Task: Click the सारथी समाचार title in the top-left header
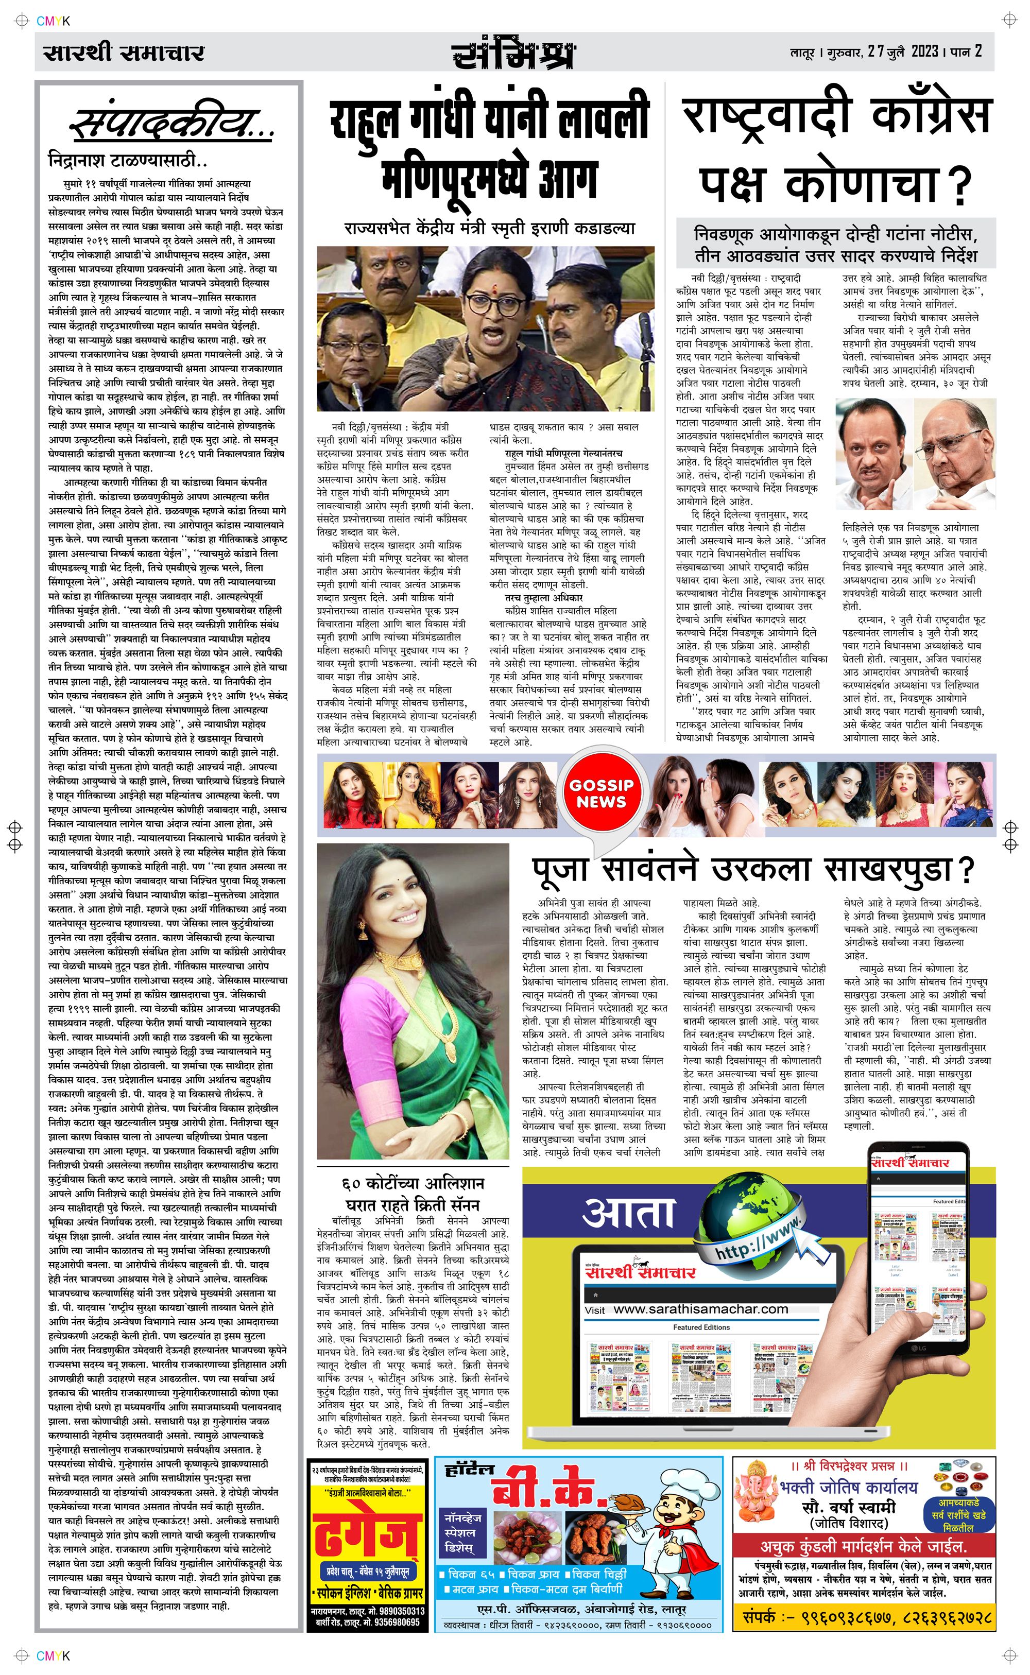coord(123,53)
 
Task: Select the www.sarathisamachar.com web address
coord(700,1309)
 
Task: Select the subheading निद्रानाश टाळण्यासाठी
coord(127,161)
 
